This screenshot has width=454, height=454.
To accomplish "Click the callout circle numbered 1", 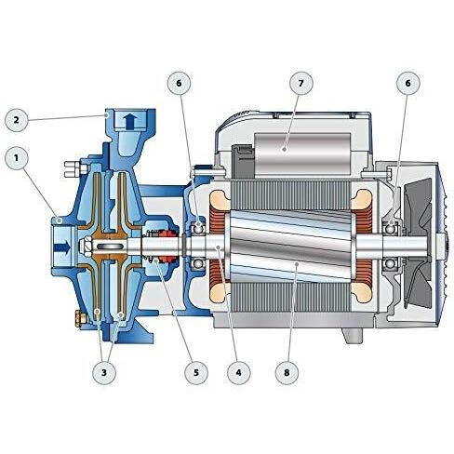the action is coord(17,158).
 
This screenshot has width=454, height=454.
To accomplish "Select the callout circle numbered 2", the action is coord(17,120).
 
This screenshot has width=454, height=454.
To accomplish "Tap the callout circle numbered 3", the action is coord(104,372).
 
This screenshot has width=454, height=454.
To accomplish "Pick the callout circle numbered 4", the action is coord(238,372).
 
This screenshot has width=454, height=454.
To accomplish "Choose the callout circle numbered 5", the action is coord(196,372).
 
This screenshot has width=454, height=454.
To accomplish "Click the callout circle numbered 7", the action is coord(300,83).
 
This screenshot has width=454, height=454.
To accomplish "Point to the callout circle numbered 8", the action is coord(287,372).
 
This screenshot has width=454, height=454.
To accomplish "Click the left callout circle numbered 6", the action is coord(179,83).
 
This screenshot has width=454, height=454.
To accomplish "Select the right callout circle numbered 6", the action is coord(408,83).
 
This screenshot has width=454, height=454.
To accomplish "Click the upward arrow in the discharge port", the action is coord(130,121).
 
